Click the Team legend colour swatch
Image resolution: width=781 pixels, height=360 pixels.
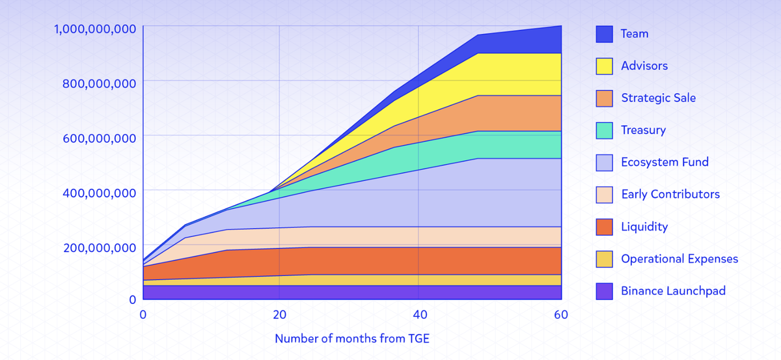[605, 34]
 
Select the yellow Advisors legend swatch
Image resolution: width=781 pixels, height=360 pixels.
[605, 66]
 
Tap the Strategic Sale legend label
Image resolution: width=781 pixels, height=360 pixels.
[658, 98]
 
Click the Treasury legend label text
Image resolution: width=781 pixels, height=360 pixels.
[643, 130]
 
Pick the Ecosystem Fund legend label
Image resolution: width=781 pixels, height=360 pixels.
[665, 162]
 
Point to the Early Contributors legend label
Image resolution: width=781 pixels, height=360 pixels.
[670, 194]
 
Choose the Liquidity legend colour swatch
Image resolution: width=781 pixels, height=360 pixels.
[605, 227]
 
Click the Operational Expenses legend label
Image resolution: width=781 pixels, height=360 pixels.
[679, 258]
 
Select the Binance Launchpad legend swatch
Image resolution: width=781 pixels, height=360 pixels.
[605, 291]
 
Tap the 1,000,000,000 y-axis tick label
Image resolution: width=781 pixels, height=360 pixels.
[87, 29]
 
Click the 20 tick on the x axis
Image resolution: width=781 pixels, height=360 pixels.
[280, 314]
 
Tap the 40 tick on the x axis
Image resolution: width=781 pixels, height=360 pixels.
[420, 314]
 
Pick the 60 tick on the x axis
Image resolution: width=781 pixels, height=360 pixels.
[561, 314]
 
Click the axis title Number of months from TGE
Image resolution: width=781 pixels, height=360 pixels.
[352, 339]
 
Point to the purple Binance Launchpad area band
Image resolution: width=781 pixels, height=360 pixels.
[351, 292]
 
